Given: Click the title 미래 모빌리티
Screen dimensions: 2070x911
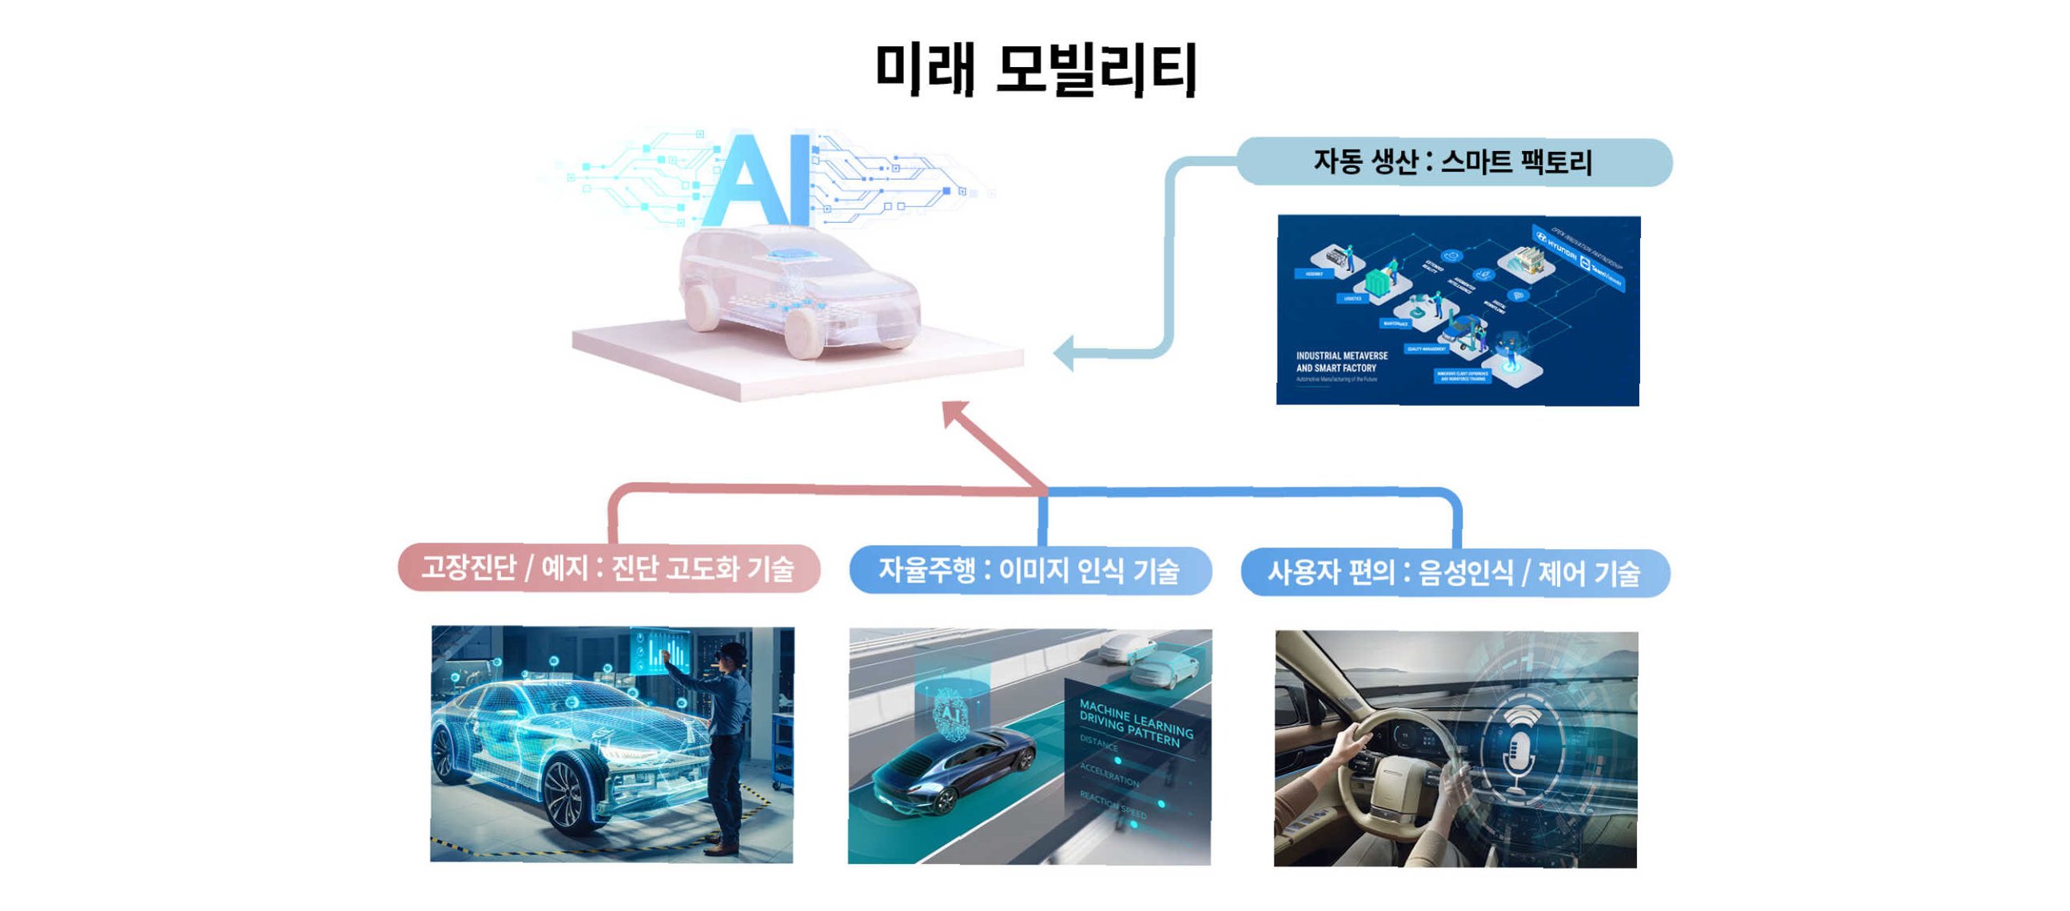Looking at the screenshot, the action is tap(1037, 69).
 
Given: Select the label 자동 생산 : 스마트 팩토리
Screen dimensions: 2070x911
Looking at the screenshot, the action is tap(1453, 162).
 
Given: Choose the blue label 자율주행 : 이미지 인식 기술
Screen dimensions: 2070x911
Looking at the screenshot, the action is tap(1029, 571).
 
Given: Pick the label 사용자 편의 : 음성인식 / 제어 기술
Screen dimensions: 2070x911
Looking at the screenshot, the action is tap(1455, 574).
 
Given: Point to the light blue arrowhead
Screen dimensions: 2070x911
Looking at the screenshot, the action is tap(1065, 352).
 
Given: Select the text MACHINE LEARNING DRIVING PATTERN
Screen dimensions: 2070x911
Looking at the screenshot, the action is tap(1135, 724).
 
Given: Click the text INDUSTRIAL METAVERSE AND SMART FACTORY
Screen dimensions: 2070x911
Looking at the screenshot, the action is tap(1341, 361).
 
